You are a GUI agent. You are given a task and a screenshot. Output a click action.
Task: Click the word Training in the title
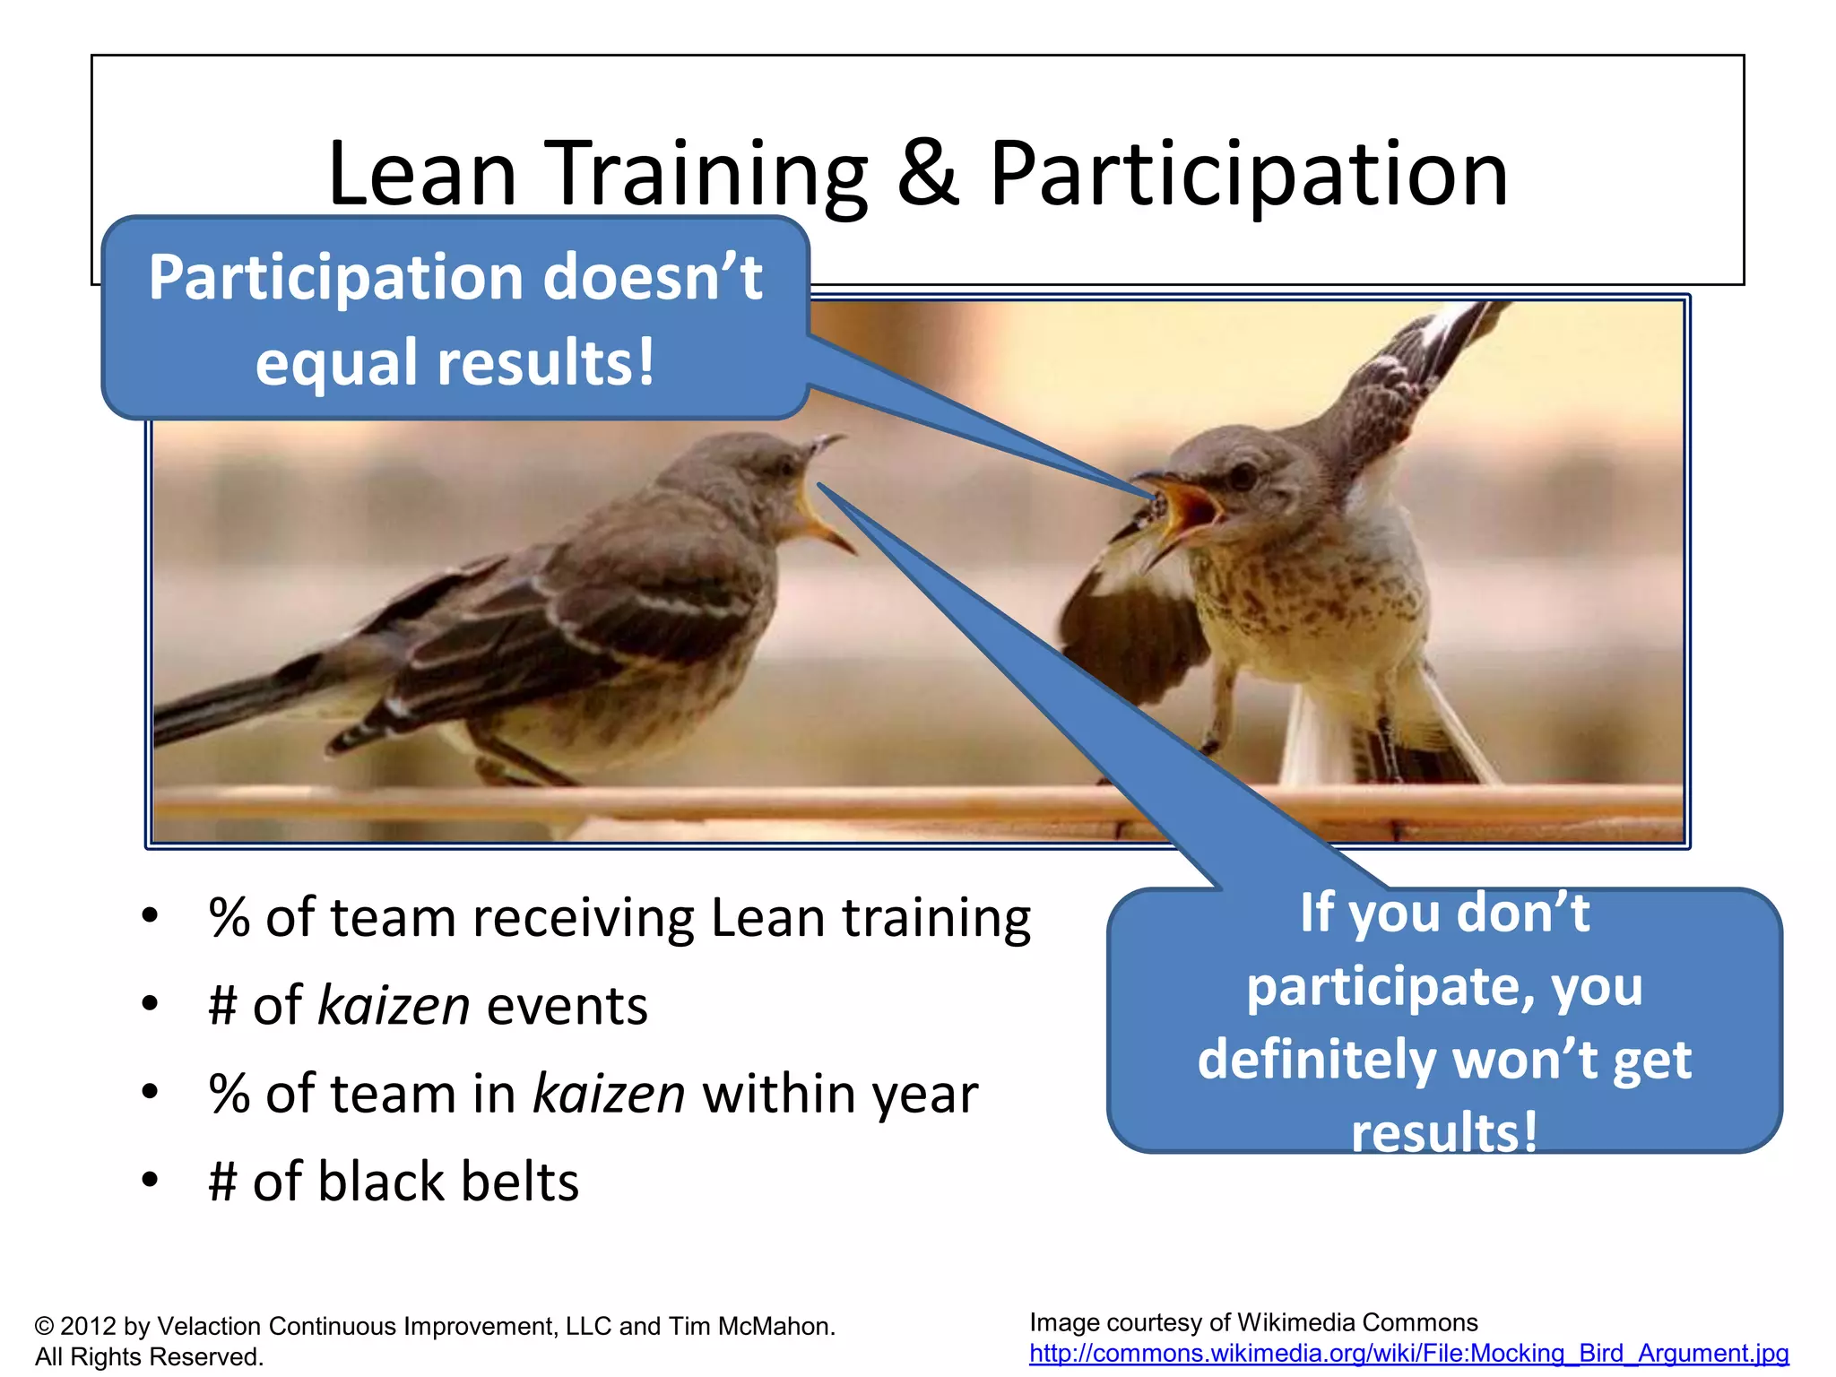click(706, 175)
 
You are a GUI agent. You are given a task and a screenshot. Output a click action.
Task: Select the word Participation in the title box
click(1249, 175)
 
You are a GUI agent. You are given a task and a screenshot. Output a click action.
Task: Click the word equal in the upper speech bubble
click(338, 363)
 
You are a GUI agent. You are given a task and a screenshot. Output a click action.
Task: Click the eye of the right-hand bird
click(1243, 475)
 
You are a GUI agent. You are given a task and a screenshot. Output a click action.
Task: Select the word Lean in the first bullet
click(767, 918)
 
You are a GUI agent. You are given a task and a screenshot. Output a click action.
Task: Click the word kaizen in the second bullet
click(394, 1006)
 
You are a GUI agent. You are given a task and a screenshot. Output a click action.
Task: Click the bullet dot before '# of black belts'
click(150, 1180)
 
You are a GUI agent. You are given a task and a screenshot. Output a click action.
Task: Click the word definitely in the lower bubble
click(1316, 1060)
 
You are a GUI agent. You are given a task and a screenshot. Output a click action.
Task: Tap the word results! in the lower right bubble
click(1444, 1131)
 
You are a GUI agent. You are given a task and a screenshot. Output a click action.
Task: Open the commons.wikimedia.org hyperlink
click(1408, 1353)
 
